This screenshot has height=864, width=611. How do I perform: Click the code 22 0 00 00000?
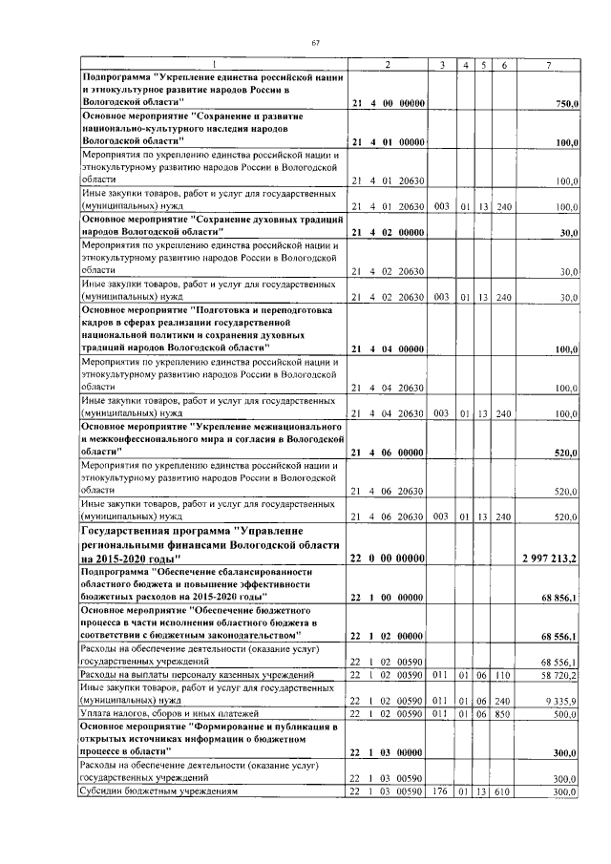point(388,557)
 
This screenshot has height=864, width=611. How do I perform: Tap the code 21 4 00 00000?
point(388,102)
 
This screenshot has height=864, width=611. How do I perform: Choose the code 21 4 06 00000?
point(388,452)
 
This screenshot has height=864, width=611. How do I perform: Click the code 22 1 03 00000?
point(388,752)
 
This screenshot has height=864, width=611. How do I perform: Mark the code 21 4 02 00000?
point(388,232)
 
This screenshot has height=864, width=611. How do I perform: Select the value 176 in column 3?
point(441,791)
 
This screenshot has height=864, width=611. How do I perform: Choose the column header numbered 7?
point(547,64)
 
